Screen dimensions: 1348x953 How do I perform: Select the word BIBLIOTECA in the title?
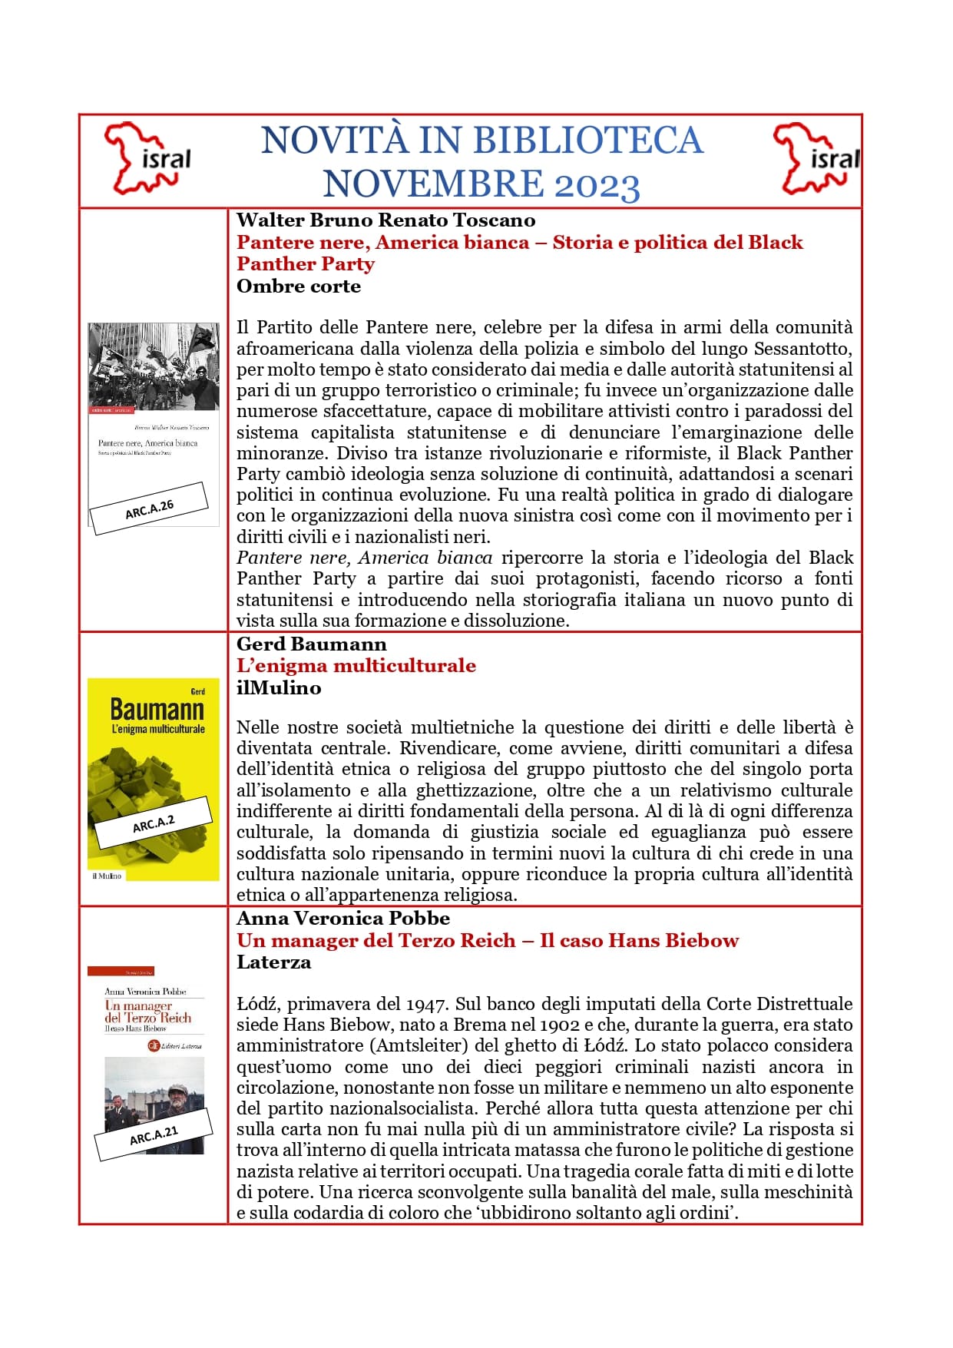tap(587, 141)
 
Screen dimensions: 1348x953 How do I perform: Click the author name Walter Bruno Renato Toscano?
tap(386, 220)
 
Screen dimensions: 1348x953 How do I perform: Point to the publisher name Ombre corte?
tap(298, 286)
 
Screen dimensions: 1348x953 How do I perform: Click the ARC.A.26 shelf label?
tap(149, 508)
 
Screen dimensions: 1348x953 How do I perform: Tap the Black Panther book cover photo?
tap(153, 366)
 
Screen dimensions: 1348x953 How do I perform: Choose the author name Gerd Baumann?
tap(311, 644)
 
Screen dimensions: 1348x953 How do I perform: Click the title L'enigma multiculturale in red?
tap(356, 666)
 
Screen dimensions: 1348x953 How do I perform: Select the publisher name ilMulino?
tap(278, 688)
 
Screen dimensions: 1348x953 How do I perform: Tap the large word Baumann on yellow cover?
tap(157, 709)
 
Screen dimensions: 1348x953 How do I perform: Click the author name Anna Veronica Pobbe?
tap(342, 919)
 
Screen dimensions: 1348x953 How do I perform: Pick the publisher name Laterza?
tap(273, 962)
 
